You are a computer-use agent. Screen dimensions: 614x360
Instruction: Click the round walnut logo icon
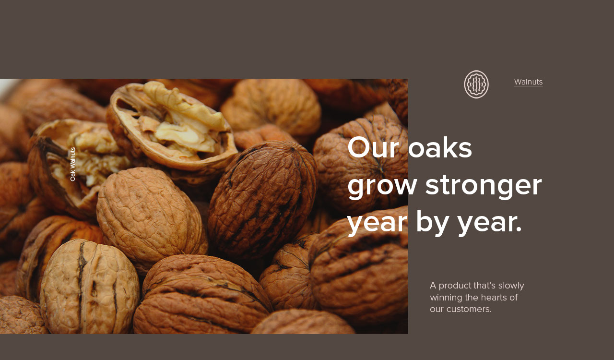click(476, 84)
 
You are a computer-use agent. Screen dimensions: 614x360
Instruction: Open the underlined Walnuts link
click(529, 82)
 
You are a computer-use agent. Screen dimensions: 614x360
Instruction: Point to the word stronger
click(484, 187)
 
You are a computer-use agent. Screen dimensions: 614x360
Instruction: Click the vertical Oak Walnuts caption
click(72, 164)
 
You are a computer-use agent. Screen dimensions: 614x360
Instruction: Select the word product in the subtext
click(455, 286)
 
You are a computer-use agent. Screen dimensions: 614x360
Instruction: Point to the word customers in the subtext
click(469, 310)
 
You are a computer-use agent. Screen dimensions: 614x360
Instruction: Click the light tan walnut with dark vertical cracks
click(90, 287)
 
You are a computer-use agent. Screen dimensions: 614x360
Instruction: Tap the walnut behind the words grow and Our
click(360, 165)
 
